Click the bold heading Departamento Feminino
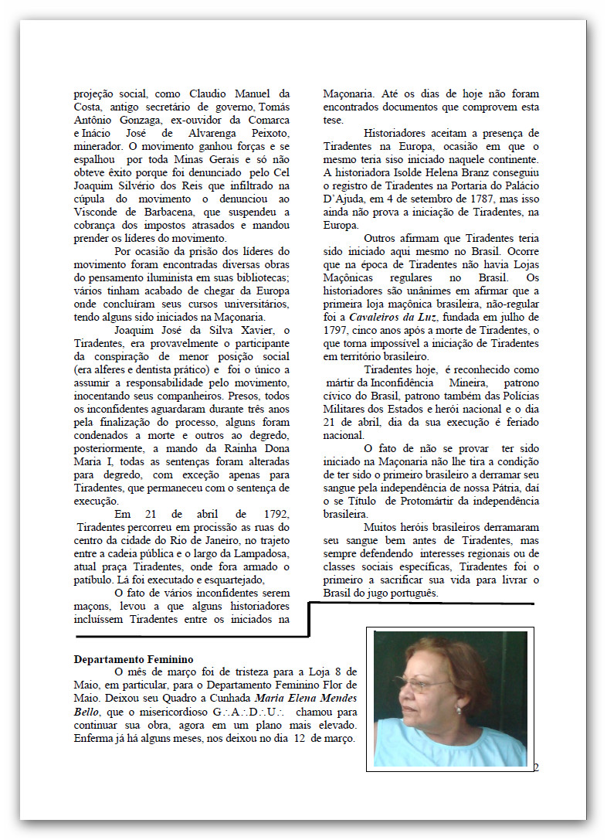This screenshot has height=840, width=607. (x=133, y=659)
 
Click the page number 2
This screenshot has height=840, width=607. (x=535, y=767)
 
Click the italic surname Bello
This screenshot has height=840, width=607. (x=87, y=711)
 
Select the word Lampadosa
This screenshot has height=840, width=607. (x=259, y=553)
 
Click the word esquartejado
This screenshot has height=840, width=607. (x=229, y=580)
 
